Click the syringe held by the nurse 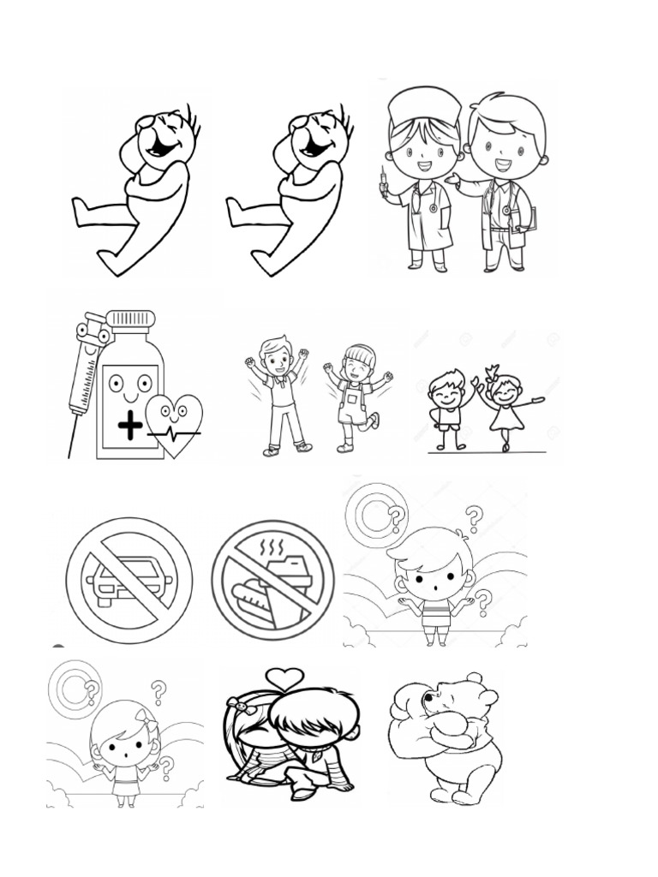384,182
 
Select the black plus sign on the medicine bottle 130,426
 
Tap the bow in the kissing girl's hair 240,707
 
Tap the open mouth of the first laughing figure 161,148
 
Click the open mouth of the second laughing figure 315,148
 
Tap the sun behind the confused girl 75,687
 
